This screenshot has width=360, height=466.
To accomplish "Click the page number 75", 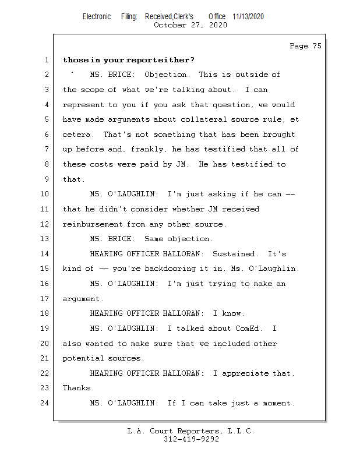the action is tap(317, 46).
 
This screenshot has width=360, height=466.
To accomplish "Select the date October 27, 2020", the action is tap(190, 25).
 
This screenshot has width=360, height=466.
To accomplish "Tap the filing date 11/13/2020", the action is tap(248, 16).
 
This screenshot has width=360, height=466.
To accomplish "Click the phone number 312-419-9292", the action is tap(191, 439).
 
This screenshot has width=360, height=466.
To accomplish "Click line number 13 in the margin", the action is tap(44, 239).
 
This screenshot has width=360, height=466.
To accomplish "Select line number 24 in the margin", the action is tap(44, 403).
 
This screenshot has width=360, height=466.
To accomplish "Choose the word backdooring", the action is tap(170, 269).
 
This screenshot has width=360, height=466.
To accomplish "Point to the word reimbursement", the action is tap(93, 224).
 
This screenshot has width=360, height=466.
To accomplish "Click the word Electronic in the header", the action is tap(97, 16).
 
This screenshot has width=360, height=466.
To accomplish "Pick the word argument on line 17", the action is tap(83, 299).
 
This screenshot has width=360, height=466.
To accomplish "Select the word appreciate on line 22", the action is tap(245, 373).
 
